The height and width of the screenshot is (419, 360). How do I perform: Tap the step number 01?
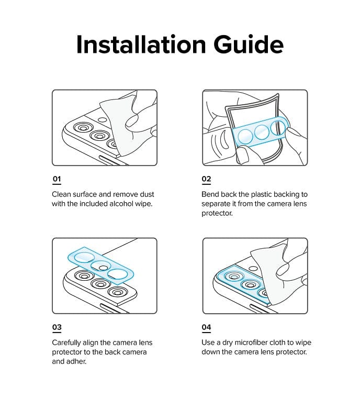coord(57,179)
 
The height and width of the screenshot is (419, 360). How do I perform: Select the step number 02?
coord(206,179)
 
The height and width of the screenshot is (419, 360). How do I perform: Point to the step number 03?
coord(57,327)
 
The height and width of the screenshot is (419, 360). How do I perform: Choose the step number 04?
coord(206,327)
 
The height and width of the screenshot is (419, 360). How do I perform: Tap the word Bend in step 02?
coord(211,194)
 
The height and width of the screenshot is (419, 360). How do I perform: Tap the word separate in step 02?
coord(217,204)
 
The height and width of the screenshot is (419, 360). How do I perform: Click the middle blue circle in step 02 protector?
coord(262,132)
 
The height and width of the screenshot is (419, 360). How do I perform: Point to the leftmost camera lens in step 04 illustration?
coord(231,276)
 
